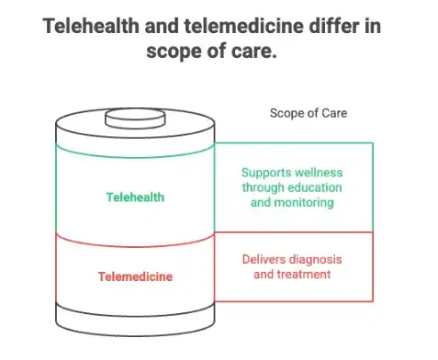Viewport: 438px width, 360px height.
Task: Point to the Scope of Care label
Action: (x=309, y=113)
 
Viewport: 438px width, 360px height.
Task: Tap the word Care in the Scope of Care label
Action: (x=334, y=113)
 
